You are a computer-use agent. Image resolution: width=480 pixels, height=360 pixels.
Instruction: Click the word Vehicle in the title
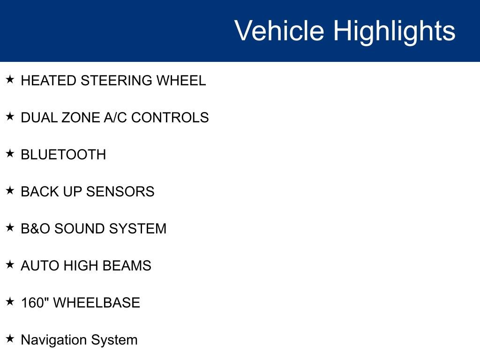(279, 31)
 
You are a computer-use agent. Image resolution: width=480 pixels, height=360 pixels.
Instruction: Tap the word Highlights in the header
(394, 31)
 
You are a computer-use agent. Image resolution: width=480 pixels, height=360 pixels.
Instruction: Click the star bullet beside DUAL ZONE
(10, 116)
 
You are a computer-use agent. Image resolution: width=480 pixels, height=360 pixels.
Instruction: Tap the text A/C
(115, 118)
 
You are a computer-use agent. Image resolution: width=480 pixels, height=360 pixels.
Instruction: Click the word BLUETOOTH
(63, 155)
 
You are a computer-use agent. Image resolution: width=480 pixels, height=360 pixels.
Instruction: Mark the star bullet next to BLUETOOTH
(10, 153)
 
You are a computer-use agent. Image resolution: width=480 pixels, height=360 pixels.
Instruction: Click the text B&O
(35, 229)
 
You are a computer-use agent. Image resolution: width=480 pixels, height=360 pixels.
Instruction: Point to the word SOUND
(80, 229)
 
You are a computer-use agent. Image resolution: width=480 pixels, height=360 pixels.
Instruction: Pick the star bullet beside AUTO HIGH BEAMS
(10, 264)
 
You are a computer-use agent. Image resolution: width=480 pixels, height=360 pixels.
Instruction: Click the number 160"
(35, 303)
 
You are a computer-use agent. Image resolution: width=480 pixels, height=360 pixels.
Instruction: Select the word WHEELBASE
(97, 303)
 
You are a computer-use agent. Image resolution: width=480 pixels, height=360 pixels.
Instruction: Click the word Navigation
(54, 340)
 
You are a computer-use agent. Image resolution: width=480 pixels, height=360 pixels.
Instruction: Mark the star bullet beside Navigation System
(10, 338)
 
